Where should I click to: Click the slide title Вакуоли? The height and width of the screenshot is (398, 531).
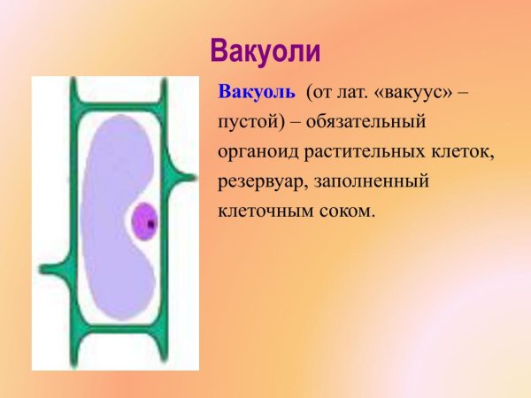tap(264, 50)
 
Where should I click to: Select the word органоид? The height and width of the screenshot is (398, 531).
tap(258, 151)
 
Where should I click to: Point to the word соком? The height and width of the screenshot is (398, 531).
tap(348, 211)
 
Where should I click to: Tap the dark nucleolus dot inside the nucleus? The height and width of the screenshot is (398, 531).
tap(151, 224)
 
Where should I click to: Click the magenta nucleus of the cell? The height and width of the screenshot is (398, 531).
tap(143, 221)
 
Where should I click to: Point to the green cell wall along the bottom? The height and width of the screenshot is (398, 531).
tap(115, 333)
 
